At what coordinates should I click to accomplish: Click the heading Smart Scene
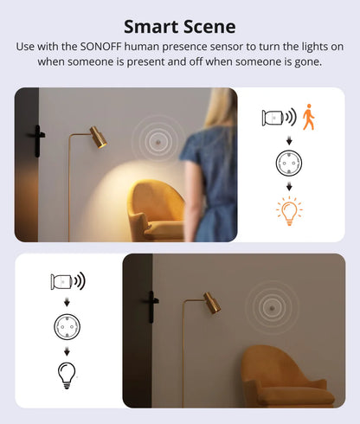pos(180,26)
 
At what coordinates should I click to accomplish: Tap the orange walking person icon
pos(309,117)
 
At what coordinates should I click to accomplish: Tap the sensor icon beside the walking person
pos(276,117)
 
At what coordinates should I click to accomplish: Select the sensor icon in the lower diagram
pos(64,280)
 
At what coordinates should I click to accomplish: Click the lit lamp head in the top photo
pos(99,138)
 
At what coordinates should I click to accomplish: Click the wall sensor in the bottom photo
pos(271,306)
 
